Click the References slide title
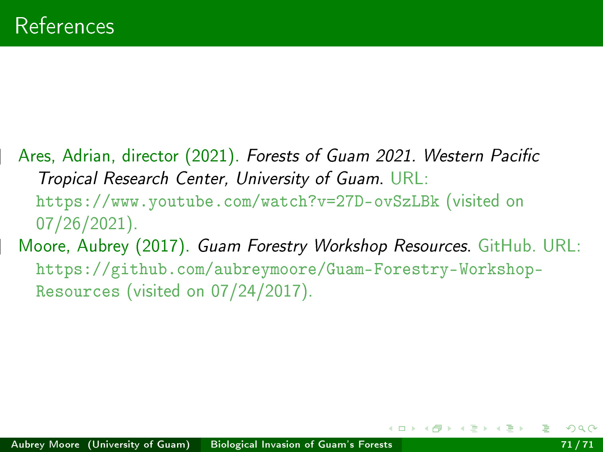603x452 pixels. click(65, 26)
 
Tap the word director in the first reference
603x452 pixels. click(150, 156)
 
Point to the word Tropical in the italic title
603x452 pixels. click(67, 179)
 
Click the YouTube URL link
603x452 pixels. click(238, 202)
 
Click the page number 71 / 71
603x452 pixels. click(577, 444)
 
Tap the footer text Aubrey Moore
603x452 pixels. click(45, 444)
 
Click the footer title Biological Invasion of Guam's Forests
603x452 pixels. click(301, 444)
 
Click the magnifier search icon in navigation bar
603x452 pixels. click(581, 428)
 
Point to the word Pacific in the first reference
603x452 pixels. click(515, 156)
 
